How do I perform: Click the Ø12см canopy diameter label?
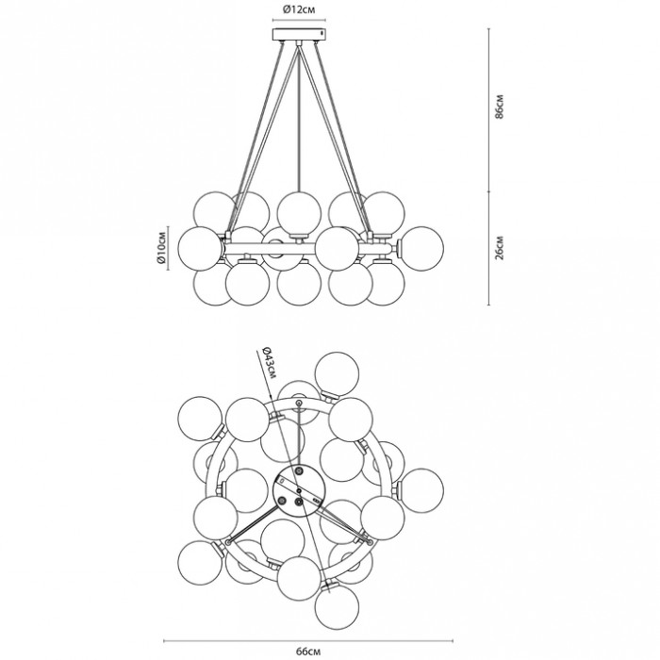[297, 10]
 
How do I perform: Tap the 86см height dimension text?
[501, 108]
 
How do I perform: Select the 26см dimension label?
[501, 248]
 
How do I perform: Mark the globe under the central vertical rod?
[298, 209]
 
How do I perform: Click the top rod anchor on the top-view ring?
[299, 405]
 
